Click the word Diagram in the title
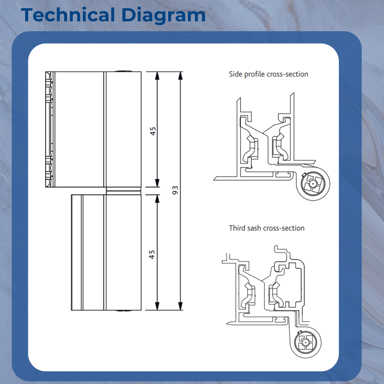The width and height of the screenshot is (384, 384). tap(163, 15)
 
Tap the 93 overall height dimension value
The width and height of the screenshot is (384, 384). tap(175, 190)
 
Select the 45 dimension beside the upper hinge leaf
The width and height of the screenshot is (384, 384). tap(153, 131)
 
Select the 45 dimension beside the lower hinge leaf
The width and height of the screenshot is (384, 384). tap(153, 254)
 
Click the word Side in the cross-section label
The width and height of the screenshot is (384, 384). tap(236, 74)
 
